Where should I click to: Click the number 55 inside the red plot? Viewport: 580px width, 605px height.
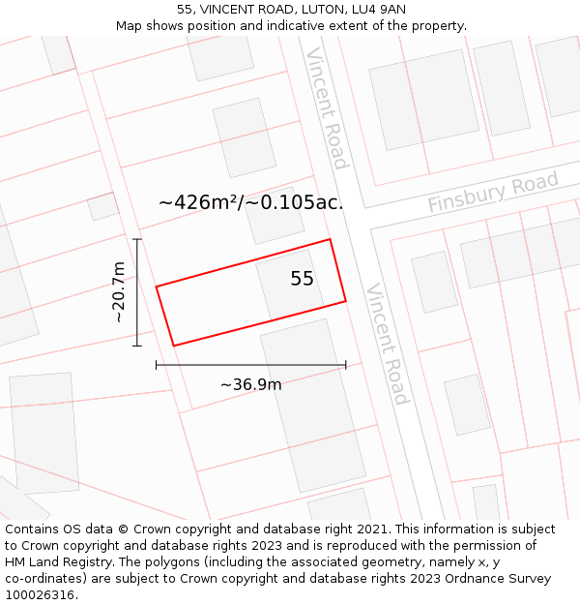point(302,279)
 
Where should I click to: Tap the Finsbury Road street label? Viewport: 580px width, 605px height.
point(493,193)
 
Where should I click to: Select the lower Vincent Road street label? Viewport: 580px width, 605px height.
point(387,344)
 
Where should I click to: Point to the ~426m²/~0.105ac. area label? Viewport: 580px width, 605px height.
point(251,203)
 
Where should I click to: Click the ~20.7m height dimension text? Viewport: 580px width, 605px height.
point(118,292)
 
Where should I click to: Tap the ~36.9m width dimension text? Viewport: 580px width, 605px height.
point(251,384)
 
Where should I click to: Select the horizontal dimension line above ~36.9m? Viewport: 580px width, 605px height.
point(251,365)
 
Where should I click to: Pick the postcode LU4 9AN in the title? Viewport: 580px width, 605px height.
point(378,10)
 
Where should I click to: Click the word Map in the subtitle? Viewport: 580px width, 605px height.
point(130,26)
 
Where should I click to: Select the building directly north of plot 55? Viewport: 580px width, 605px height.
point(275,215)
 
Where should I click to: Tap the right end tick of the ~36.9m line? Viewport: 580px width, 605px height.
point(345,365)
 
